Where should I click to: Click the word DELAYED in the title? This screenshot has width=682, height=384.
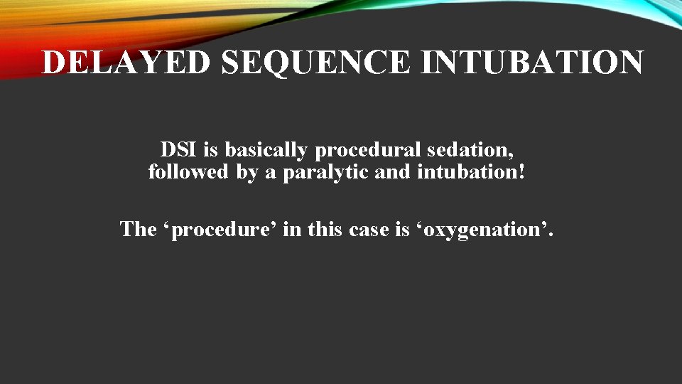tap(126, 63)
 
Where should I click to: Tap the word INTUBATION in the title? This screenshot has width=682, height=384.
tap(533, 63)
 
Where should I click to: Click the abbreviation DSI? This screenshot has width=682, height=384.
tap(179, 150)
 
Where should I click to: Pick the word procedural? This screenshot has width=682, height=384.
tap(362, 150)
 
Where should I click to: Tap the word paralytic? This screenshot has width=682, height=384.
tap(326, 172)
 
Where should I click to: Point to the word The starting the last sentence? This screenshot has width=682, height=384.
tap(136, 229)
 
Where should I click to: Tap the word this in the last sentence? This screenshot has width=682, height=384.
tap(317, 229)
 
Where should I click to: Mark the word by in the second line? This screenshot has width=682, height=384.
tap(247, 172)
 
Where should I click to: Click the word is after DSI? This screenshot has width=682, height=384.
tap(211, 150)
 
